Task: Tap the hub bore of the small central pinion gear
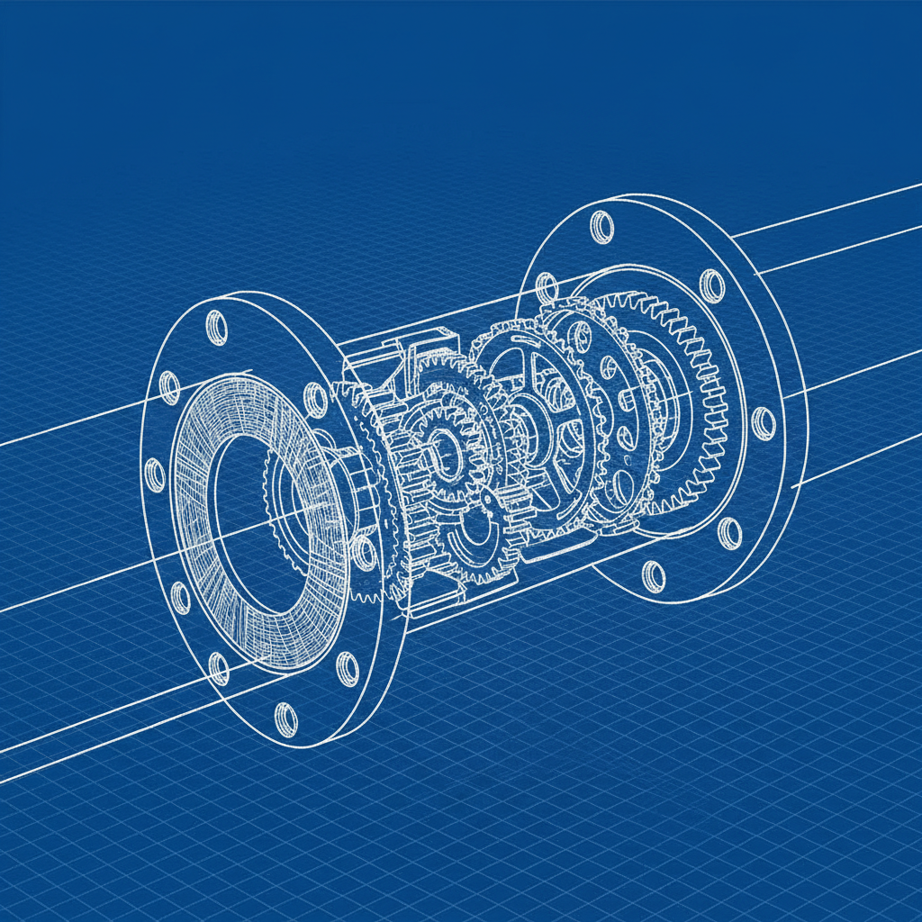442,442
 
